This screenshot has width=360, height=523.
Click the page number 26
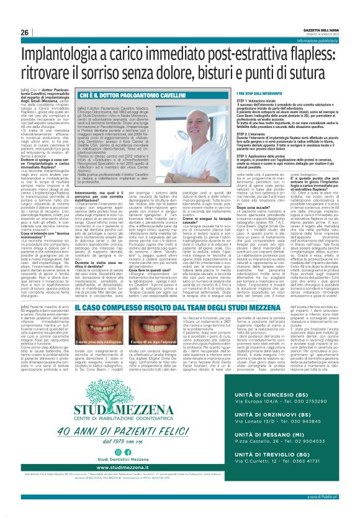coord(25,32)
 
